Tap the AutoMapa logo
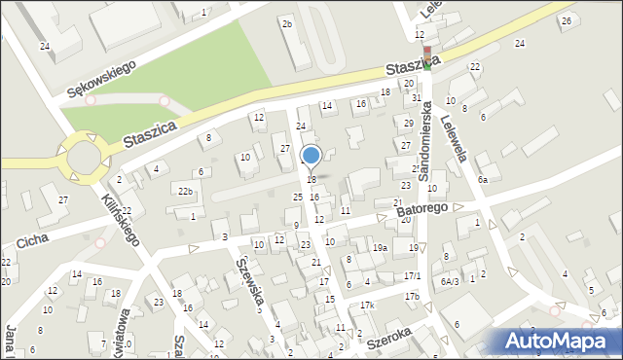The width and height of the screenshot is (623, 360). click(x=559, y=341)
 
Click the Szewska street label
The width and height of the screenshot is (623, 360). click(x=248, y=283)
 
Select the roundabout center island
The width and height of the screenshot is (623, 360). click(x=80, y=157)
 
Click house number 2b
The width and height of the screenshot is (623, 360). click(x=286, y=23)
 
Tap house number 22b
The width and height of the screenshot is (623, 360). click(x=185, y=191)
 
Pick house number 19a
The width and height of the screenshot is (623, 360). click(x=380, y=248)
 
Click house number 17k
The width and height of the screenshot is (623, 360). click(x=366, y=306)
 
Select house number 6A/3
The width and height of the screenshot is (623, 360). click(x=449, y=281)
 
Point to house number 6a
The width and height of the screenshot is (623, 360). click(x=482, y=180)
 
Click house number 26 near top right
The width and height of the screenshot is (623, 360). click(x=566, y=20)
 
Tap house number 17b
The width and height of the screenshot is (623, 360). click(x=412, y=296)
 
